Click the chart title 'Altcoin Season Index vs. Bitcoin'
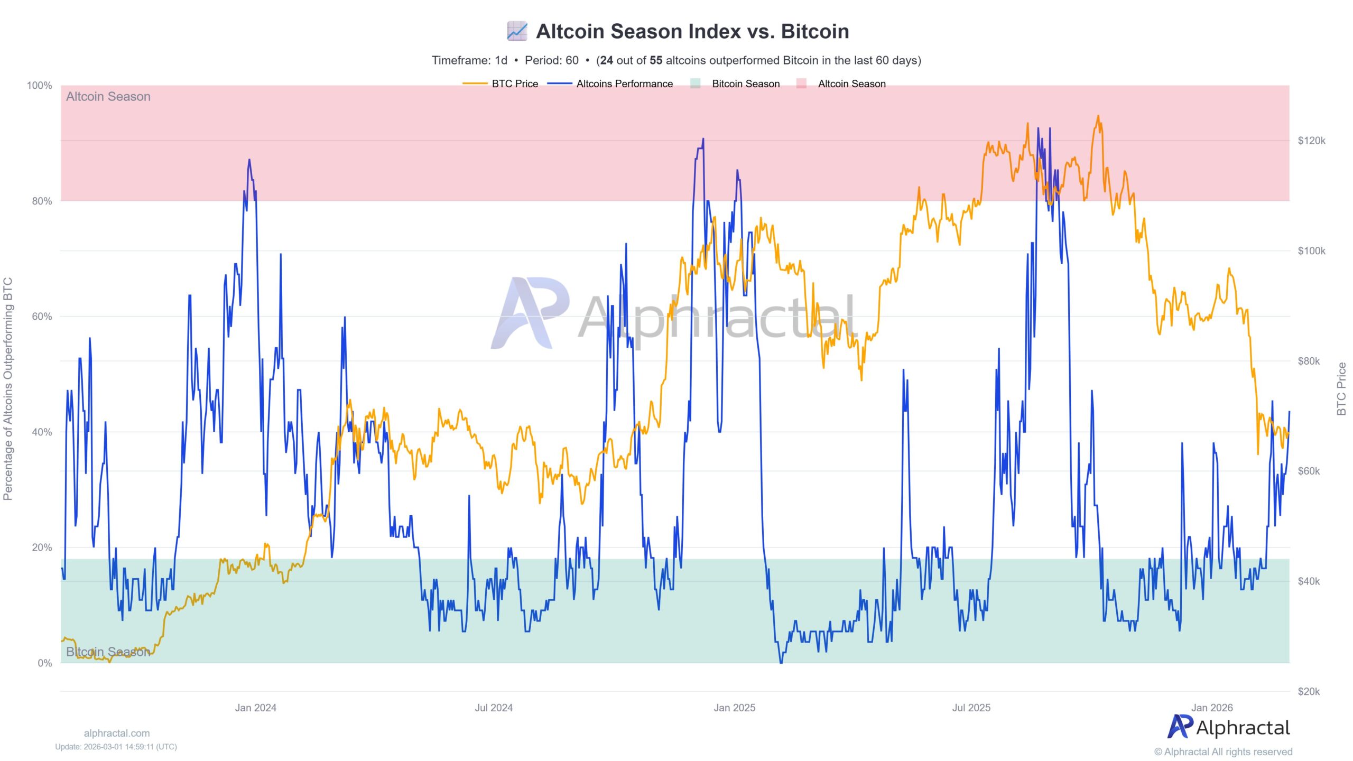coord(692,31)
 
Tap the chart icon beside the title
coord(517,31)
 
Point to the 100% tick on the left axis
coord(40,86)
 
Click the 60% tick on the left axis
coord(42,317)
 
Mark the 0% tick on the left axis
coord(44,663)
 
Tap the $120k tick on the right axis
coord(1311,141)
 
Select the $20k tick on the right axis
coord(1309,691)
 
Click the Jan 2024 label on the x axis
coord(256,708)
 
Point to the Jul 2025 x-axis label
coord(971,708)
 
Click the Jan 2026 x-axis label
coord(1212,708)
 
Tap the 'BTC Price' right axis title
coord(1341,388)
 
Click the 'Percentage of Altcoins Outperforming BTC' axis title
coord(8,388)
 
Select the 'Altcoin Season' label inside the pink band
coord(108,97)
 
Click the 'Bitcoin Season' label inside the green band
coord(108,652)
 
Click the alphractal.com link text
coord(117,733)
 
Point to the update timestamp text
coord(116,747)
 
